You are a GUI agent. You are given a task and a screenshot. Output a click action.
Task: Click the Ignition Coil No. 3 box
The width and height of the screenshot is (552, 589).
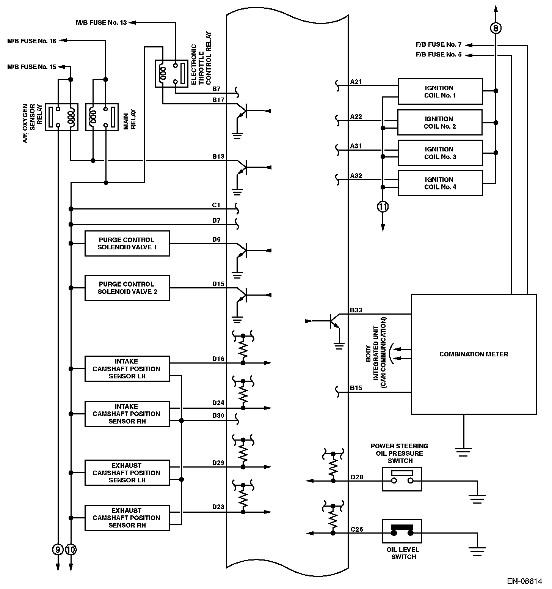point(440,153)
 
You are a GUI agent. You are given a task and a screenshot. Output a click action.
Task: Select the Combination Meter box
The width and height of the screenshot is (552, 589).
point(474,354)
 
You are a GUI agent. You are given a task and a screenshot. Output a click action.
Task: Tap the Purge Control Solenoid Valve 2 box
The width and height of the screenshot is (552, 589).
point(127,288)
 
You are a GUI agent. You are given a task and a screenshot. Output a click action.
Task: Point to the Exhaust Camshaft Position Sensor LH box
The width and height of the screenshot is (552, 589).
point(127,473)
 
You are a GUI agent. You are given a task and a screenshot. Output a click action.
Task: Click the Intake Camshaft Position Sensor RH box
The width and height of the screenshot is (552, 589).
point(127,414)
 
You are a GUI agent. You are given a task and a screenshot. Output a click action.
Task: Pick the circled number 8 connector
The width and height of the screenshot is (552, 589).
point(496,28)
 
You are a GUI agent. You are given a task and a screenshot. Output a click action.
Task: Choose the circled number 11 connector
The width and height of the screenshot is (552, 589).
point(383,207)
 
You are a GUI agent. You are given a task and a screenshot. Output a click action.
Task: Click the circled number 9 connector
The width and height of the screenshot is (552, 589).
point(58,549)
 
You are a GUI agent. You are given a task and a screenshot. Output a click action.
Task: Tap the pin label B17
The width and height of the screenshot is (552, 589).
point(218,100)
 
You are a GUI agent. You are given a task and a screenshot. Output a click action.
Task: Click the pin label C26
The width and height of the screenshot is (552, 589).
point(357,529)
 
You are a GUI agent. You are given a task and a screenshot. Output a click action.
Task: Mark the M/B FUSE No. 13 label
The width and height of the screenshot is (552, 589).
point(101,23)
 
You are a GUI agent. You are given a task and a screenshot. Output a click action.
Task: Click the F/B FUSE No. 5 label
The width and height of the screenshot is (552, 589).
point(439,55)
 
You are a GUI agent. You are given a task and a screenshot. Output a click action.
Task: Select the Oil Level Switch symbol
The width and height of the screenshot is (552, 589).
point(402,531)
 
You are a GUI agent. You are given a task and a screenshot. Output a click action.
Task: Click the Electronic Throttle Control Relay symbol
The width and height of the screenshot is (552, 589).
point(172,73)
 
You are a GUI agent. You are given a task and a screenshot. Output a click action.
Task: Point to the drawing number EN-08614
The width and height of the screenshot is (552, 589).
point(525,581)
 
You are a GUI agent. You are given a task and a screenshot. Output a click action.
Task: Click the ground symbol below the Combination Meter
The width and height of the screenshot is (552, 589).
point(463,452)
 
